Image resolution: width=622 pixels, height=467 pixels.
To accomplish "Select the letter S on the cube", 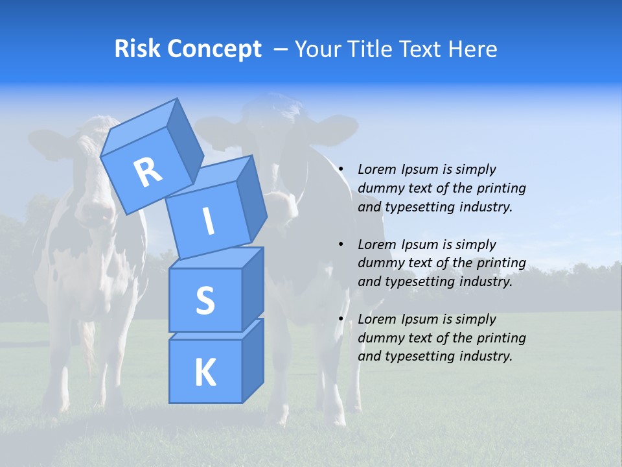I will [x=205, y=301].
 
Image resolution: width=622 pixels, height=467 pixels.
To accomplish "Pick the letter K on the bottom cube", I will [x=205, y=373].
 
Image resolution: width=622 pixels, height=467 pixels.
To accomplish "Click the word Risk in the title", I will [x=137, y=49].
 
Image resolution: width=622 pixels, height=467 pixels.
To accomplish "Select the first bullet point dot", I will [x=341, y=169].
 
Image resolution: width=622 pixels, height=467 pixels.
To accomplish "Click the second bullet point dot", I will [x=341, y=245].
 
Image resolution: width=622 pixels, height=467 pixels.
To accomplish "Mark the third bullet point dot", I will [x=341, y=319].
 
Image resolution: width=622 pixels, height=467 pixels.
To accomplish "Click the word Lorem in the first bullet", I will [x=376, y=169].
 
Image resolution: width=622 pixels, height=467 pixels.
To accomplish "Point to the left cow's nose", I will [x=95, y=214].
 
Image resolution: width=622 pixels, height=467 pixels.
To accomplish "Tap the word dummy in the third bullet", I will [x=380, y=338].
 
